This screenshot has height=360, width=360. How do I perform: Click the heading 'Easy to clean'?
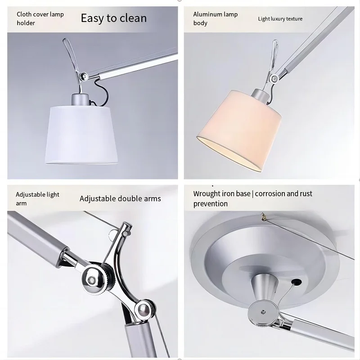[114, 18]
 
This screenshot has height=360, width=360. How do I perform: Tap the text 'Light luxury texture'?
[280, 19]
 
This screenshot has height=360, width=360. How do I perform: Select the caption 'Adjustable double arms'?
[120, 198]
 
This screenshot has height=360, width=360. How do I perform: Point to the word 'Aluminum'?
[208, 14]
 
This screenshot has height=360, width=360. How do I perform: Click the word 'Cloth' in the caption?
[24, 14]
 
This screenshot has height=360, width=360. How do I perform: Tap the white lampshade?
[82, 135]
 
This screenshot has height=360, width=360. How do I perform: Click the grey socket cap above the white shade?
[80, 100]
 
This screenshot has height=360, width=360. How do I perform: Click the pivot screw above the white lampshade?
[84, 76]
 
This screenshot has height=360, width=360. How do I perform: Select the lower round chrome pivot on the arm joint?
[143, 309]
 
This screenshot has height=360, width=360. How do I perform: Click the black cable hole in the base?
[296, 282]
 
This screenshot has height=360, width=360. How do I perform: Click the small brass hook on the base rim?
[264, 216]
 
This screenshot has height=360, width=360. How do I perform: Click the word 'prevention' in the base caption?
[210, 204]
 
